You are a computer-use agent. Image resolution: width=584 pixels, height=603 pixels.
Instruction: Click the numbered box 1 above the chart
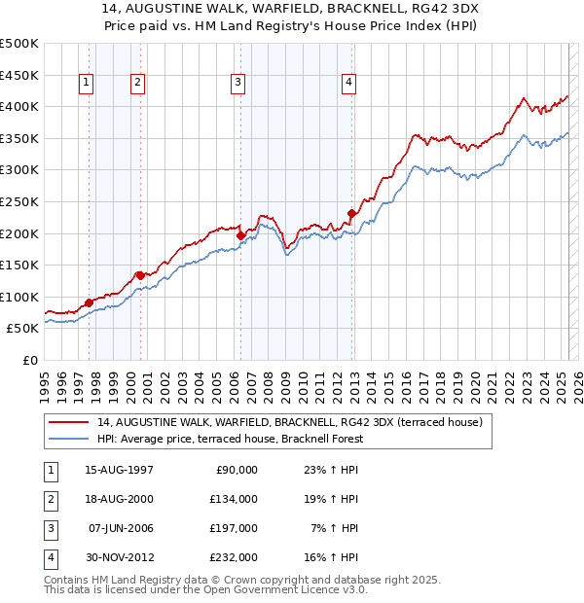[87, 84]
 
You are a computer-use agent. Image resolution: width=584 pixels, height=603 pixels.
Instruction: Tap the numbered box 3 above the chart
[237, 84]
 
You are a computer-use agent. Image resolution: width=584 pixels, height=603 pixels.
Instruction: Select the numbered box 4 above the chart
[347, 84]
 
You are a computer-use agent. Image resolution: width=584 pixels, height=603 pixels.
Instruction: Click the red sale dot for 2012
[352, 213]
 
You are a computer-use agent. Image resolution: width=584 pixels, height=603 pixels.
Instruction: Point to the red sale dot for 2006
[240, 234]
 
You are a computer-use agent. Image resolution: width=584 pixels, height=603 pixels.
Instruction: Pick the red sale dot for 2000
[140, 274]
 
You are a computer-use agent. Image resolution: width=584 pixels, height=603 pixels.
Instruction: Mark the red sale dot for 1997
[89, 302]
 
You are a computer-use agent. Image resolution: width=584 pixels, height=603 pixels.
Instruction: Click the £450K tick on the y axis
[19, 75]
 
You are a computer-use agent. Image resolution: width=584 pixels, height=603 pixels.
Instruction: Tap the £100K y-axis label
[19, 297]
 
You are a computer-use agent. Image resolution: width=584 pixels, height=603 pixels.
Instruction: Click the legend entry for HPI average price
[230, 439]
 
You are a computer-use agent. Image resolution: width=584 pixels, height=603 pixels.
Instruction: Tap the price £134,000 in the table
[235, 499]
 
